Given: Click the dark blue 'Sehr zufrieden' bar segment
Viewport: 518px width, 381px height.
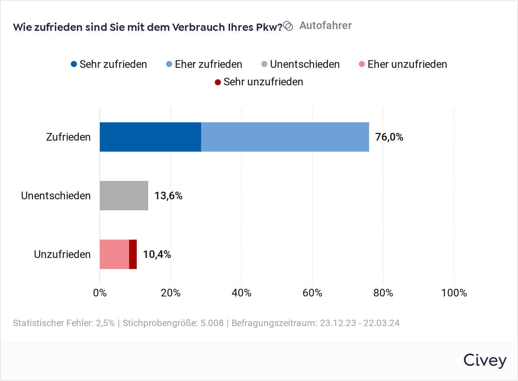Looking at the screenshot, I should [x=150, y=137].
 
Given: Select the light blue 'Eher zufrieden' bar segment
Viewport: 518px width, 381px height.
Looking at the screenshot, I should [x=285, y=137].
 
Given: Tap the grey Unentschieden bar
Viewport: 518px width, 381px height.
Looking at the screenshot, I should [x=124, y=195].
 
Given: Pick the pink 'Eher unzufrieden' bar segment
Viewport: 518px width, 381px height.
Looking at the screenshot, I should [x=114, y=254].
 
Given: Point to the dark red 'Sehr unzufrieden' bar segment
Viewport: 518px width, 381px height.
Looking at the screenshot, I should [x=133, y=254].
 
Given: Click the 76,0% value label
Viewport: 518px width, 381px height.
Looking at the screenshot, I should [x=389, y=137].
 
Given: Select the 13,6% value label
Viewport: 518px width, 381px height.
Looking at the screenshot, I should [x=168, y=196].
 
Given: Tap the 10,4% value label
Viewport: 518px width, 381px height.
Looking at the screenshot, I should [x=157, y=255].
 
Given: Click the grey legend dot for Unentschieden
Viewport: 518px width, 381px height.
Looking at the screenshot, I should [x=264, y=64].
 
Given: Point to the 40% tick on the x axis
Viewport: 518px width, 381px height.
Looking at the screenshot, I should [x=241, y=293].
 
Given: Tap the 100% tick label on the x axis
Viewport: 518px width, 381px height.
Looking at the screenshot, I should [x=454, y=293].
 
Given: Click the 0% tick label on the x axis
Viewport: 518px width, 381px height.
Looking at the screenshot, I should [x=100, y=293].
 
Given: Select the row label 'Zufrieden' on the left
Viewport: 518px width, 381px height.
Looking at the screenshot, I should [x=68, y=137].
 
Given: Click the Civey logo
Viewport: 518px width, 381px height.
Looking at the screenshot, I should [x=484, y=360].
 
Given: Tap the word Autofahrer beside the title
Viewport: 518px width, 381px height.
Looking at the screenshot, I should [x=325, y=26].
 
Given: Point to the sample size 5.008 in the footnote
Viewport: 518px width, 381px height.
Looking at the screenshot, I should [x=212, y=323].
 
